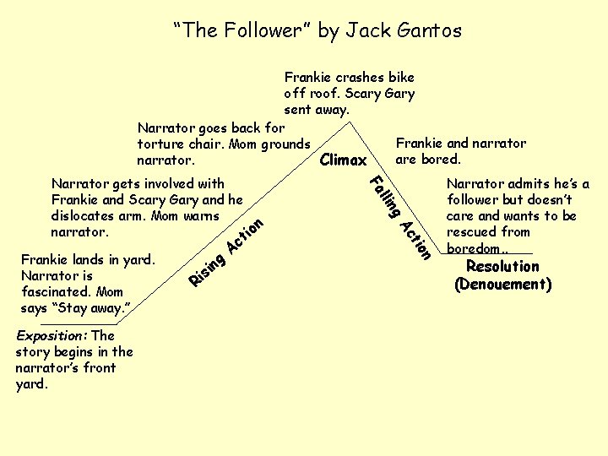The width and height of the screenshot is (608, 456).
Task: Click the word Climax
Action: coord(344,160)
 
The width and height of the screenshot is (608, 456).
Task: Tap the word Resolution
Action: coord(502,267)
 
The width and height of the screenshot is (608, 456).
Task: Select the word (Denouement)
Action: coord(502,285)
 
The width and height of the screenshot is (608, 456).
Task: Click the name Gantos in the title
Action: coord(426,31)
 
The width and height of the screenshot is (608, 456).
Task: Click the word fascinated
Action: coord(55,291)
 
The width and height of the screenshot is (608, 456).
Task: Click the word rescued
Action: coord(474,231)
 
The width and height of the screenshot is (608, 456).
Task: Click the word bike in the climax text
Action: coord(399,78)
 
